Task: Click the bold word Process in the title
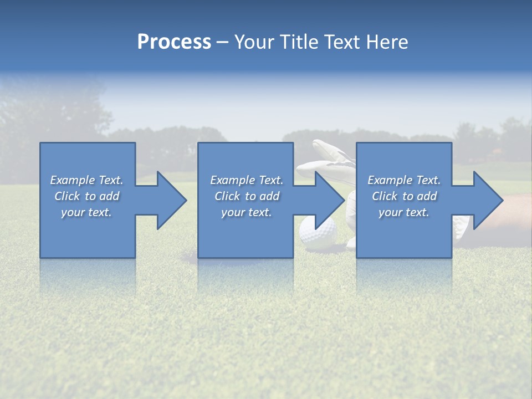click(x=174, y=42)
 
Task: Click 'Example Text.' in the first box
click(x=86, y=180)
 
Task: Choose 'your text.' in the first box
click(x=86, y=212)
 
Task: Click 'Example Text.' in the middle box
click(x=247, y=180)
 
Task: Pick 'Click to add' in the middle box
click(x=247, y=196)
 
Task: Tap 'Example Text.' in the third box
click(x=404, y=180)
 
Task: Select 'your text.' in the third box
click(x=404, y=212)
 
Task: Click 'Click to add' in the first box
click(x=86, y=196)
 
